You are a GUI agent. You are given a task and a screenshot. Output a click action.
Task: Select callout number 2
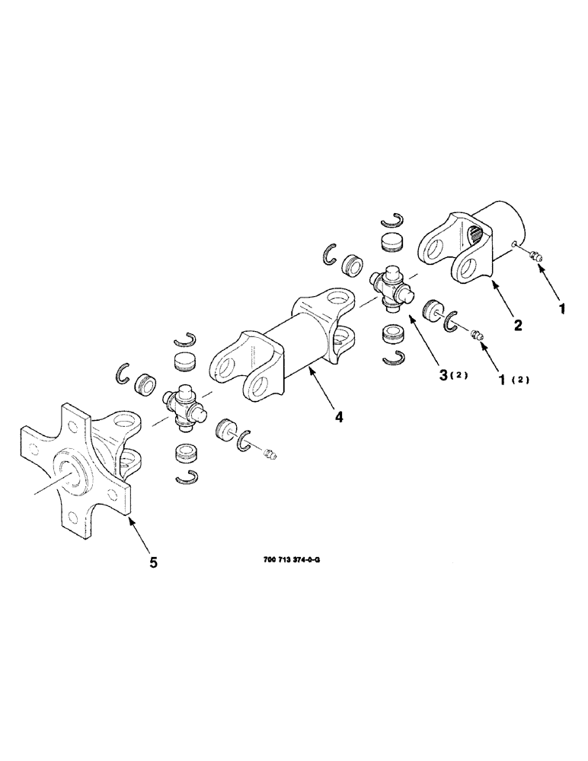coord(518,326)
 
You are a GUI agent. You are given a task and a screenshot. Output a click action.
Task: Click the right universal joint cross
coord(392,290)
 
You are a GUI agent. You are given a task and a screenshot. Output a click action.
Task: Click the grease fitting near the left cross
coord(268,455)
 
